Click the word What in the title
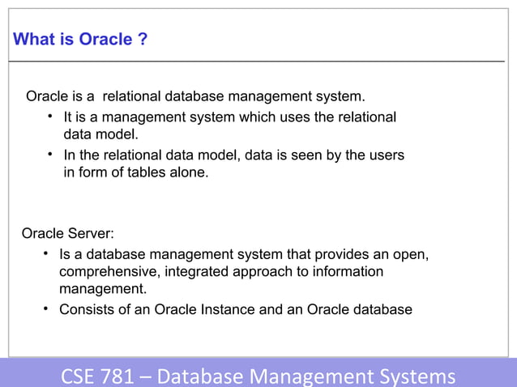click(33, 40)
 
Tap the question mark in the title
click(143, 40)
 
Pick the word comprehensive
click(107, 272)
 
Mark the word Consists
click(88, 309)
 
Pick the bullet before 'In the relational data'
click(50, 152)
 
